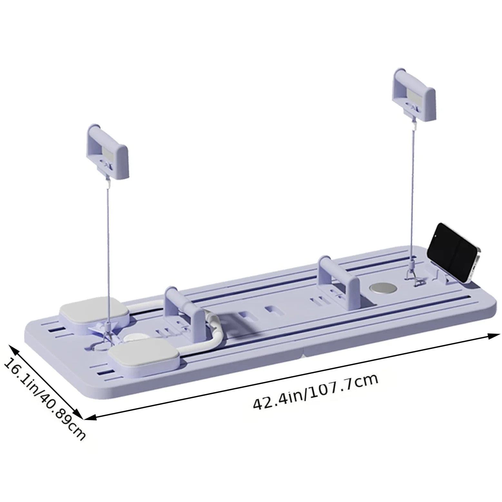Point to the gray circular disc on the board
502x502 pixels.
[383, 288]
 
